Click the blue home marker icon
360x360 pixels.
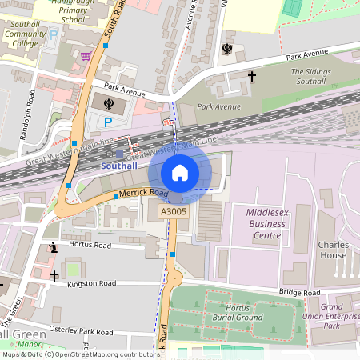[180, 172]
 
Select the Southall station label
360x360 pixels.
[120, 166]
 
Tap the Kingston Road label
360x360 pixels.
[92, 283]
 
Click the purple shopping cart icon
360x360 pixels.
[86, 57]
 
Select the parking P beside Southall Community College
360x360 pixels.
[54, 36]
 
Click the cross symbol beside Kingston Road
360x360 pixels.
[54, 275]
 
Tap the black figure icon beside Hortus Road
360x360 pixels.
[53, 248]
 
